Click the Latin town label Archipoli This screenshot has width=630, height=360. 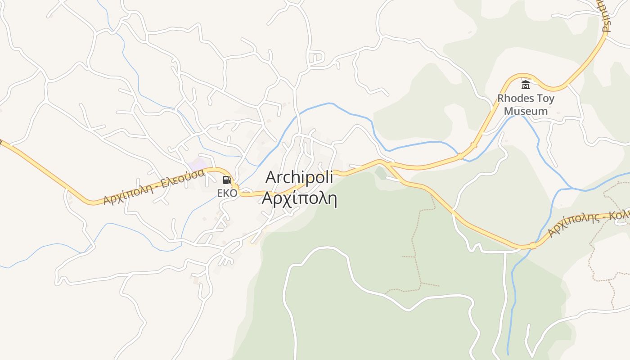point(299,177)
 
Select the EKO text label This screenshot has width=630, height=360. point(227,193)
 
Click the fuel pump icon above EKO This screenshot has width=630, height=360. point(227,180)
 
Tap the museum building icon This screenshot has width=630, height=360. point(525,85)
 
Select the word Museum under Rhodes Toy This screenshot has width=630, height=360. point(526,111)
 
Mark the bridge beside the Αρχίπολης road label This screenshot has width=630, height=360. point(533,245)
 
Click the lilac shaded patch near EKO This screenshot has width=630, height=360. point(197,164)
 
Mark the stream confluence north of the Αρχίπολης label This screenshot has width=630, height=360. point(571,188)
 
